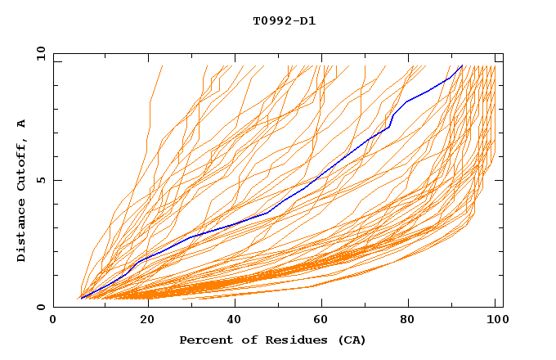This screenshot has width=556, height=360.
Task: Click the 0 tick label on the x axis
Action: coord(53,321)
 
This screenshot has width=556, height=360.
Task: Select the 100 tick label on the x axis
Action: coord(495,321)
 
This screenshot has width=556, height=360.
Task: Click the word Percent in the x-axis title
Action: coord(204,340)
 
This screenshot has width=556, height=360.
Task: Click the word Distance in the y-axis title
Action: coord(22,229)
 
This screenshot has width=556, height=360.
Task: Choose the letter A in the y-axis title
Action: coord(22,123)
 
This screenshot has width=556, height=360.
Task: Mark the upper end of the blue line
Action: coord(462,65)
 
